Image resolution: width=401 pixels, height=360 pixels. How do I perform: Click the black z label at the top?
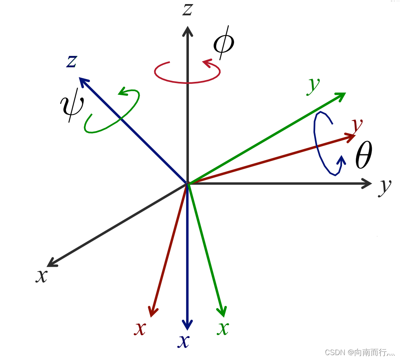187,9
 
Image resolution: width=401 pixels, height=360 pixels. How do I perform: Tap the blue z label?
72,61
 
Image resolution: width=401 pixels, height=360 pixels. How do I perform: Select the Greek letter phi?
224,44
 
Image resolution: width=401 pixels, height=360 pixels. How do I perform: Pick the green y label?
313,84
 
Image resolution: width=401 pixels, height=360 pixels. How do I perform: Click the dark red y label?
357,125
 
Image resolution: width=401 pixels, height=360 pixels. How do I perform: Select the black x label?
41,276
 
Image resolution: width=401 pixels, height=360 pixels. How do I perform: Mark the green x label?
223,327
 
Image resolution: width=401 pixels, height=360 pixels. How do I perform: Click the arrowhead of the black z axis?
187,31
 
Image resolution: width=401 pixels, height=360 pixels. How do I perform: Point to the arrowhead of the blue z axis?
83,81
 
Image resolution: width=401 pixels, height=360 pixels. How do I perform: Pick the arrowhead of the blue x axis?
187,325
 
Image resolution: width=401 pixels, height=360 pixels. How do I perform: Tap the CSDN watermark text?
360,352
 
